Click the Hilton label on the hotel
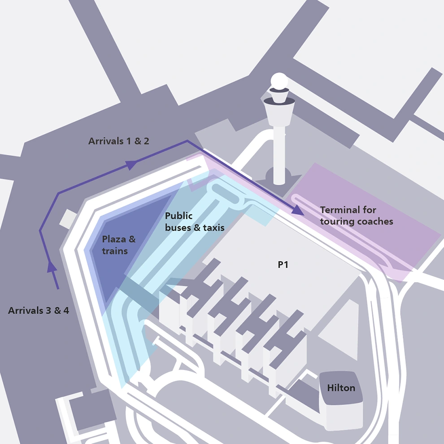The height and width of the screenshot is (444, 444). (341, 388)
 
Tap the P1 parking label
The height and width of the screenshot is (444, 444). (283, 265)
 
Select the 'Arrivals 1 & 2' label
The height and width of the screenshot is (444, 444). (119, 141)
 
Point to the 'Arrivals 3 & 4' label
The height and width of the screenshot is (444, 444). (39, 310)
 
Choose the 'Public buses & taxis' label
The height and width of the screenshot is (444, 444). (194, 222)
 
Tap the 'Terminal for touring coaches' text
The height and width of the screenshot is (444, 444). (356, 215)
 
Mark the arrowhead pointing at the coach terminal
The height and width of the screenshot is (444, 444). (297, 210)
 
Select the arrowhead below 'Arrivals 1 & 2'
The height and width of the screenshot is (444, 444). (131, 165)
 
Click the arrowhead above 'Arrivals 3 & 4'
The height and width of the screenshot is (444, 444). (52, 266)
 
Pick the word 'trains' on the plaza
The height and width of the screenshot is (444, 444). (115, 251)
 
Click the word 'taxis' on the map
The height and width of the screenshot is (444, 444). (214, 228)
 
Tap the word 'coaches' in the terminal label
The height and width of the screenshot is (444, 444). (375, 222)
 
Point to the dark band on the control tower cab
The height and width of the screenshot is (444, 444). (279, 101)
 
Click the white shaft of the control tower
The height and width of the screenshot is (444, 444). (279, 152)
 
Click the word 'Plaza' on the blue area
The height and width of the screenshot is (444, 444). (114, 239)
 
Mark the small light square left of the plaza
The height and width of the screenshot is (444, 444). (68, 218)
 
